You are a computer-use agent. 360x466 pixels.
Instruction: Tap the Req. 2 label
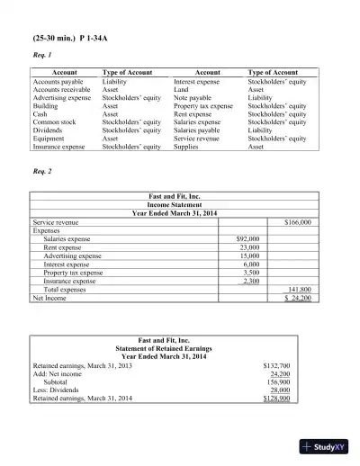[42, 171]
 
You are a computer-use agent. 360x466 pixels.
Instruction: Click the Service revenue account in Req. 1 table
[199, 138]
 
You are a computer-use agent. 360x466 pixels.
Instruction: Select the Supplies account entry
[186, 146]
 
